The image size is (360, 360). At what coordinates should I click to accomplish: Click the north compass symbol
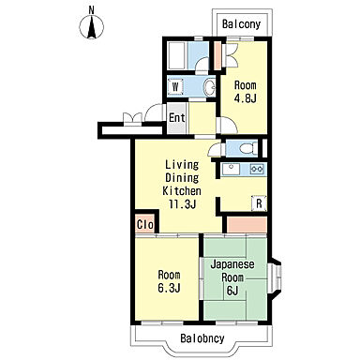click(x=91, y=24)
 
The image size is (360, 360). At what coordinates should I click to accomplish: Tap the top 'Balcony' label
click(x=241, y=24)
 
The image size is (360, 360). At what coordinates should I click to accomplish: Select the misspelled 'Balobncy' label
click(x=202, y=338)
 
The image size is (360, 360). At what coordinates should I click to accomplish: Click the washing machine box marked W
click(x=175, y=86)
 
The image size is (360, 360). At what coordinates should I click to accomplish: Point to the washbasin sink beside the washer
click(x=209, y=86)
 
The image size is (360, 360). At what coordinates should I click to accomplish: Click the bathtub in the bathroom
click(x=177, y=56)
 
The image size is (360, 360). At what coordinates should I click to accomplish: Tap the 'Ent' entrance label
click(x=177, y=118)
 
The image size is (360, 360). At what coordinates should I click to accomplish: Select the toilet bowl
click(x=248, y=148)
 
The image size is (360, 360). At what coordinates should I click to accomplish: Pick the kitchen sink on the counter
click(x=231, y=169)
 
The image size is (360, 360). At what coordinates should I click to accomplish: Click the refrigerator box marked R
click(x=259, y=203)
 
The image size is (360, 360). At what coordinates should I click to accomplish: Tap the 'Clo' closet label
click(x=145, y=224)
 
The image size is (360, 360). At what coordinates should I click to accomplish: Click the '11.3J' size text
click(x=183, y=204)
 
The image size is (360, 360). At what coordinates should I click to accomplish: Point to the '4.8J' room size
click(x=246, y=98)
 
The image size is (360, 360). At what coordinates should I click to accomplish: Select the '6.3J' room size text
click(x=169, y=288)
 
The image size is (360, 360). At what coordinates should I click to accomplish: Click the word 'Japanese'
click(x=232, y=264)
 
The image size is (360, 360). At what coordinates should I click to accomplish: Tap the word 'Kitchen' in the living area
click(x=182, y=190)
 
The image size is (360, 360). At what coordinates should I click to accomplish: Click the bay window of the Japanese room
click(x=276, y=278)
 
